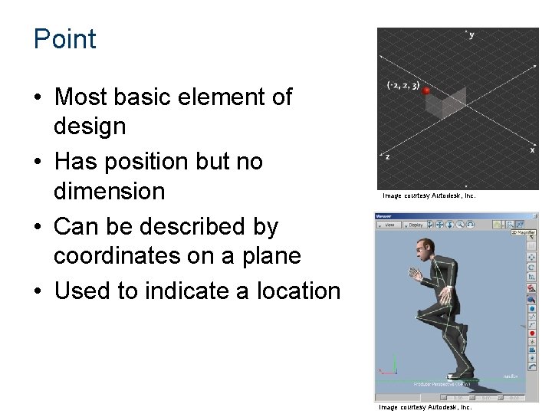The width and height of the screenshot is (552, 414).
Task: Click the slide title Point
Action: [x=65, y=39]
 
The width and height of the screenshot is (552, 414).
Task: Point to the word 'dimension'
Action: [x=109, y=191]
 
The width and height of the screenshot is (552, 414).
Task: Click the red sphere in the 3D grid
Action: [x=426, y=91]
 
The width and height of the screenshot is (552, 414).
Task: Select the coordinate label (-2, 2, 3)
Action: [x=403, y=86]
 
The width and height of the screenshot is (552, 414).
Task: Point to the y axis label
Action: [x=471, y=35]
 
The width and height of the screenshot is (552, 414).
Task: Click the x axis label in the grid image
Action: [x=532, y=150]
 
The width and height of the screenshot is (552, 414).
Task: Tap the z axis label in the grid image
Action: [x=387, y=156]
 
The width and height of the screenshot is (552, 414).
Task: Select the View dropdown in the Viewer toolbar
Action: [x=389, y=225]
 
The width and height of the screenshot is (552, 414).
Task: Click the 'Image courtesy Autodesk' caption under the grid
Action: [x=429, y=196]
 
